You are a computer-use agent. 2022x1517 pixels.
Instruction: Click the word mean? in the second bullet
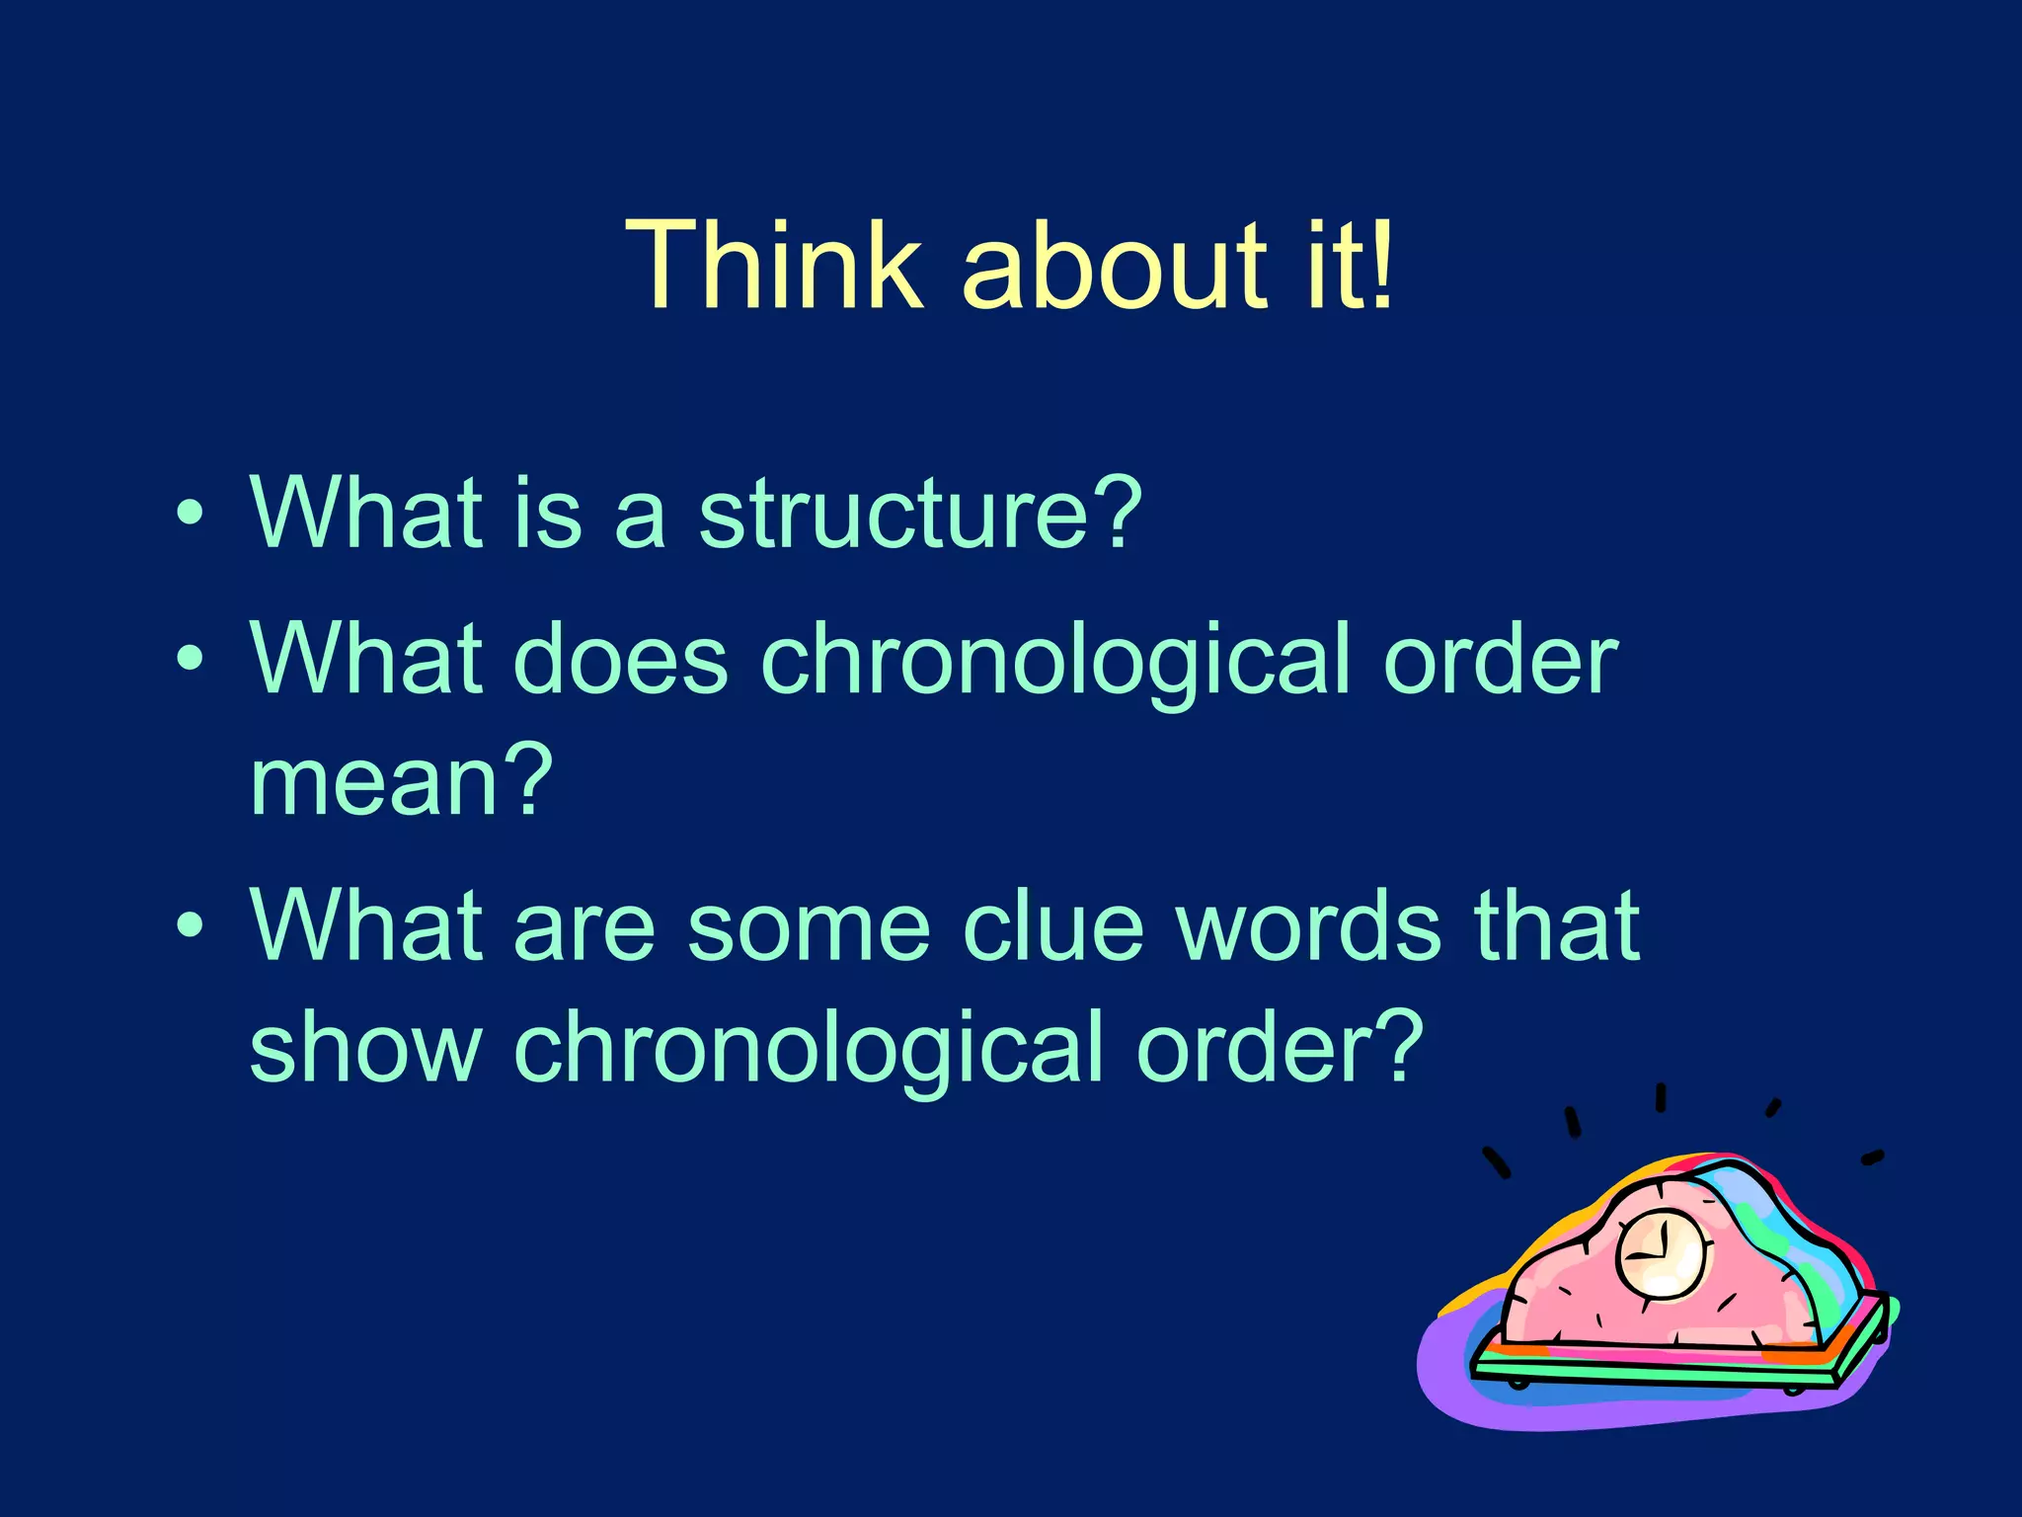[x=401, y=780]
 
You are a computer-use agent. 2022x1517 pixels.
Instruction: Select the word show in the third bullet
[x=365, y=1047]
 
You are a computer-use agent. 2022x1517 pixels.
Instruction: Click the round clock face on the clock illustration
[x=1663, y=1255]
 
